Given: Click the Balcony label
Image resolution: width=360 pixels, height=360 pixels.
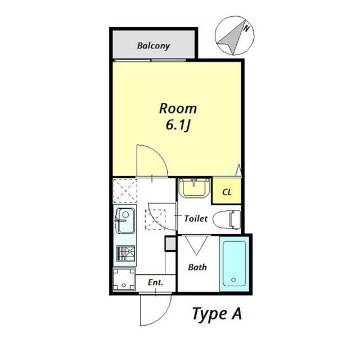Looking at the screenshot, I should (153, 46).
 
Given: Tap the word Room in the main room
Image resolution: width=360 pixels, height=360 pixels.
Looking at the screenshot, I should (177, 108).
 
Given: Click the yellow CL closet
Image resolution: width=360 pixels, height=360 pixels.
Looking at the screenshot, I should (227, 192).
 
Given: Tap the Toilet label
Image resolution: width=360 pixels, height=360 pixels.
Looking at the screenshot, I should (196, 218).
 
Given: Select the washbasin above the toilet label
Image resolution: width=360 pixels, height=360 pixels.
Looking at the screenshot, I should (194, 188).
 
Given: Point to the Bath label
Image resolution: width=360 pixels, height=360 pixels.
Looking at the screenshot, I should (197, 267).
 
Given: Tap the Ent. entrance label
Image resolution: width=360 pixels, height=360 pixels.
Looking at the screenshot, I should (155, 282).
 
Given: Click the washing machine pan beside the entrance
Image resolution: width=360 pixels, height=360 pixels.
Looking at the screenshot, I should (124, 279).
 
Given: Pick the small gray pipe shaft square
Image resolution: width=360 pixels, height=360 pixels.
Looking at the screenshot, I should (170, 243).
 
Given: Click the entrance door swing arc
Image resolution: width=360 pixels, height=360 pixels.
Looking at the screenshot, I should (151, 313).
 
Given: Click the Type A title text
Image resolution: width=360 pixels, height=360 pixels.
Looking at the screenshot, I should (217, 313).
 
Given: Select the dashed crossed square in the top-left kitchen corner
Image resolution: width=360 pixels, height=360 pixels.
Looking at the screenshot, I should (125, 190).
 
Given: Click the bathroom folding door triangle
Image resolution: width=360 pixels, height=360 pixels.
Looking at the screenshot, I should (196, 245).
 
